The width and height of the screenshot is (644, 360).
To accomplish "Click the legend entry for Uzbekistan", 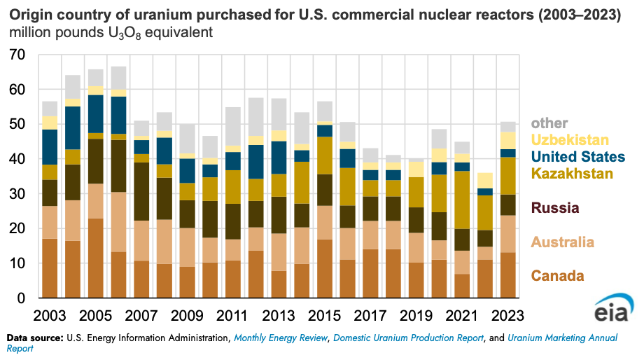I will pos(569,140).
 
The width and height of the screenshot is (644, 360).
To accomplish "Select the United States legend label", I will pos(578,157).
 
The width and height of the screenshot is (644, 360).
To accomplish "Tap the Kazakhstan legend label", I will pos(572,174).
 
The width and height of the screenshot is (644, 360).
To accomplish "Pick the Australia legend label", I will pos(562,242).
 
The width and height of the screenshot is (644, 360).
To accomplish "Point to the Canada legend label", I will pos(558,275).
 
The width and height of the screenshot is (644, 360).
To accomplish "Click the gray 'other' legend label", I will pos(549,123).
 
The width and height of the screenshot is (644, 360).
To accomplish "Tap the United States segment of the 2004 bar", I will pos(73,127).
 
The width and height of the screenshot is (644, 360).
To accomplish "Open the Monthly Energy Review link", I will pos(281,338).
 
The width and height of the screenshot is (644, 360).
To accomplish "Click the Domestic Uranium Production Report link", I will pos(408,338).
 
